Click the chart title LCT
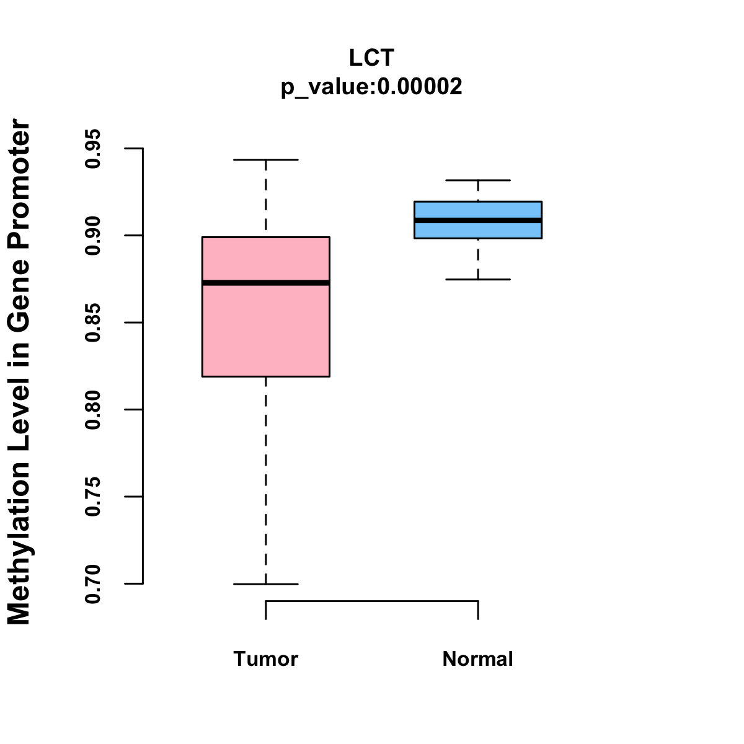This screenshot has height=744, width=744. click(x=371, y=58)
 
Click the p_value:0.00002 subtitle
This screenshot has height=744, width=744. click(x=371, y=86)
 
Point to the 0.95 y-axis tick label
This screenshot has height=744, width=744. click(x=94, y=149)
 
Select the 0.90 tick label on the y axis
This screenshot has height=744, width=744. click(x=94, y=236)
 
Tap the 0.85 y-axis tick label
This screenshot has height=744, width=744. click(x=94, y=322)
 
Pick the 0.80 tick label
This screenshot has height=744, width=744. click(x=94, y=410)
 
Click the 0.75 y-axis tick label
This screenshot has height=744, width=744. click(x=94, y=497)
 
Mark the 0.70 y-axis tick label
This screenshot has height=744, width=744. click(x=94, y=583)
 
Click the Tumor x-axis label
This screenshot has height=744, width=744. click(x=265, y=658)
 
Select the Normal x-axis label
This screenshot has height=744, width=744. click(x=477, y=658)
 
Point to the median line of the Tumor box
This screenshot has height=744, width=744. click(x=265, y=283)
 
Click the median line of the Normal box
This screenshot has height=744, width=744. click(x=477, y=220)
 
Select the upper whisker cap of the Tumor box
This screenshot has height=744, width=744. click(x=265, y=160)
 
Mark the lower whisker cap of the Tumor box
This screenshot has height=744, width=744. click(x=265, y=584)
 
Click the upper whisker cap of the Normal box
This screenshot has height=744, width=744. click(x=477, y=180)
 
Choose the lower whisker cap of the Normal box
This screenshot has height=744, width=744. click(x=477, y=280)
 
